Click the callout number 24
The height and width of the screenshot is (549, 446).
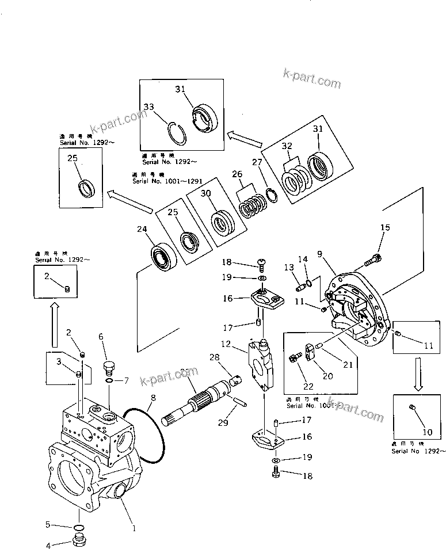pyautogui.click(x=141, y=229)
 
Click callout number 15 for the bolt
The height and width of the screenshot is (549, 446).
pyautogui.click(x=384, y=228)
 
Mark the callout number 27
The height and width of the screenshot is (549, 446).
pyautogui.click(x=257, y=163)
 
